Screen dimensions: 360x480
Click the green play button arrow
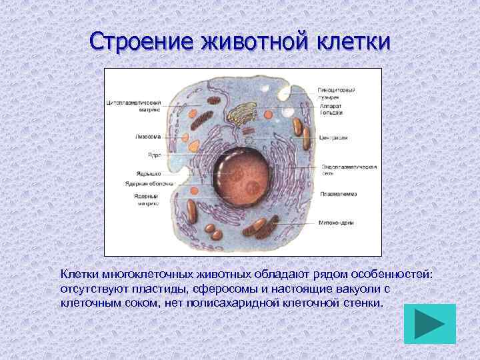pos(430,324)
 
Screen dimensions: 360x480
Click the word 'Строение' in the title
pos(142,41)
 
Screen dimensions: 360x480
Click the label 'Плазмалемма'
pos(339,194)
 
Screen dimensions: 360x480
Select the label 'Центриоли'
pos(335,138)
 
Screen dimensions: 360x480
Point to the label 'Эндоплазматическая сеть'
pos(349,170)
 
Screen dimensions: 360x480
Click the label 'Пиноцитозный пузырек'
pos(337,93)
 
